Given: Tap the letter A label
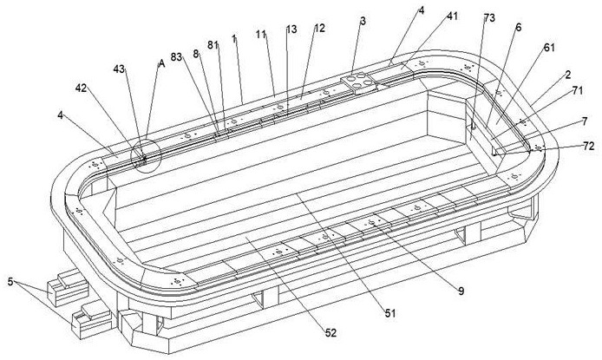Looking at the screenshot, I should coord(160,63).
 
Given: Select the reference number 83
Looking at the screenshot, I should coord(179,55).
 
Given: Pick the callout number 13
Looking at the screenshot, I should coord(291,29).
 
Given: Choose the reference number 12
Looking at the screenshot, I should coord(319,29).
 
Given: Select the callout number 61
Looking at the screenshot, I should coord(549,49).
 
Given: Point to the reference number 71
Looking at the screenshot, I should coord(577,88).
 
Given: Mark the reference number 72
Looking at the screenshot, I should coord(586,147).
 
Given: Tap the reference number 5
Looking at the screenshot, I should coord(11,284).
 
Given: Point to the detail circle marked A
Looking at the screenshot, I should coord(141,155).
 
